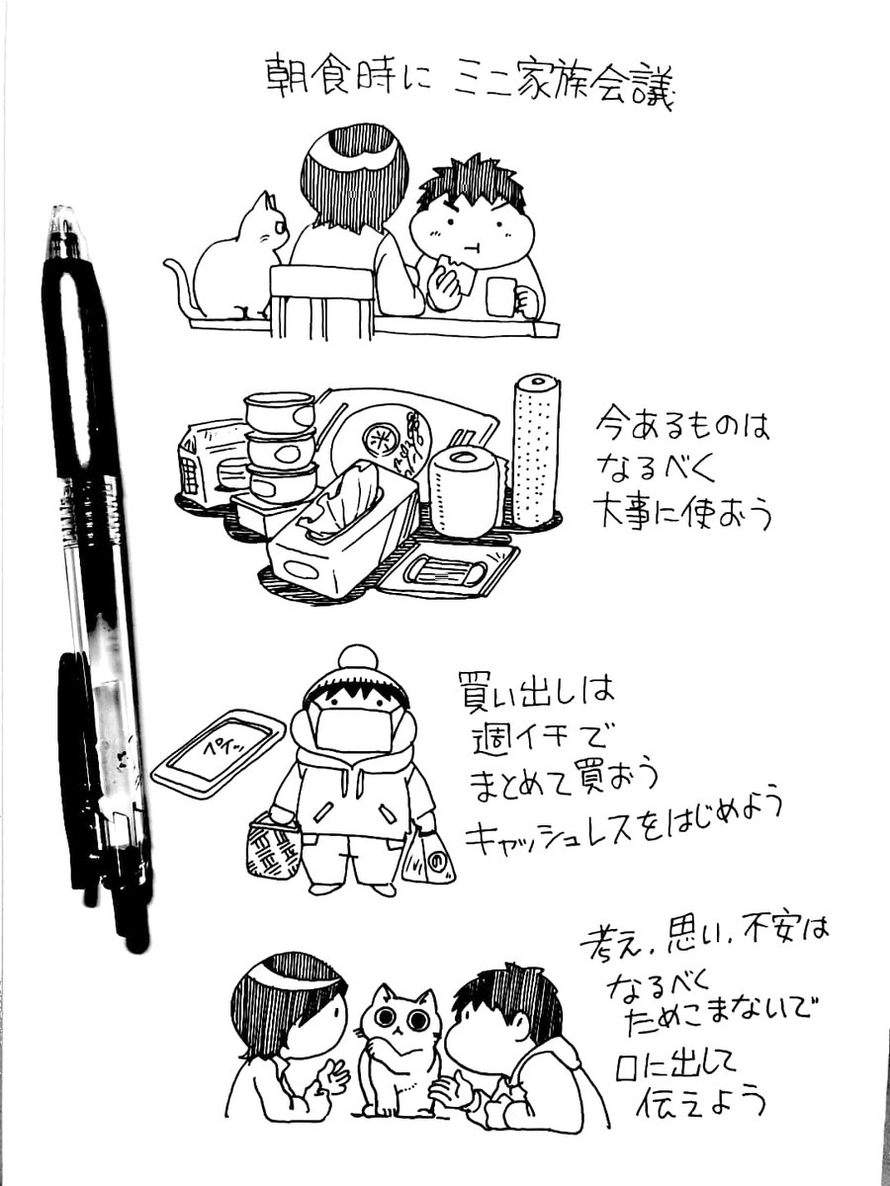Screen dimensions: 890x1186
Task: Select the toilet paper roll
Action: (x=464, y=491)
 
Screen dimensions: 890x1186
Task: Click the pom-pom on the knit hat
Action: (x=357, y=661)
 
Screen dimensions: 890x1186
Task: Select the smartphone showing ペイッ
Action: (x=219, y=753)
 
